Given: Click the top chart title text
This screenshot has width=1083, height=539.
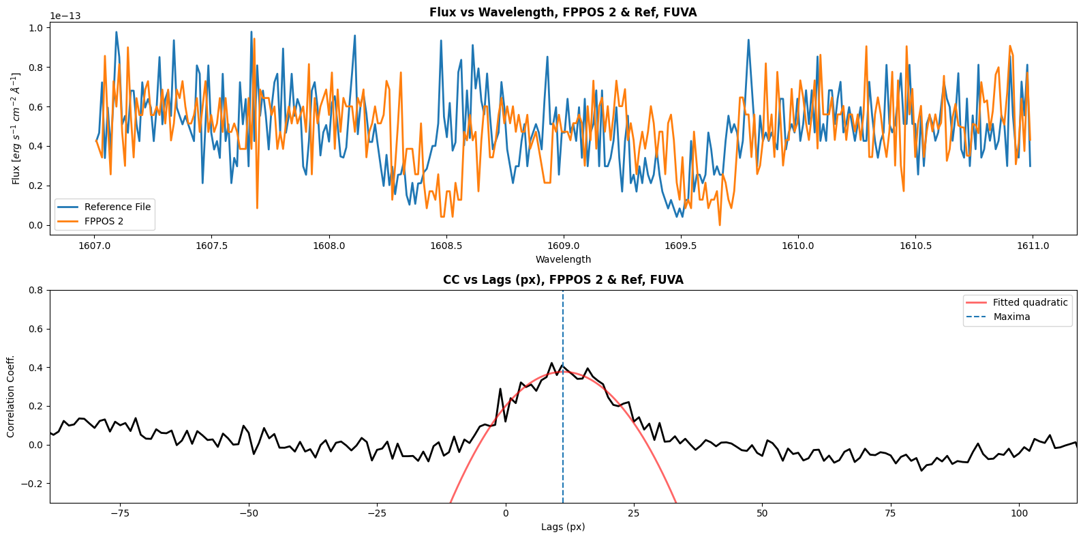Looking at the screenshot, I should [x=563, y=12].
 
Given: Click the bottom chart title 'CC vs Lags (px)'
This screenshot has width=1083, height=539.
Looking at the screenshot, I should [x=563, y=280].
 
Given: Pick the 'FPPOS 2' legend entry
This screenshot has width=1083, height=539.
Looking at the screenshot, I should [x=104, y=221].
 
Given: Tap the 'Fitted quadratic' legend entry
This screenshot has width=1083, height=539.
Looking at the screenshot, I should [x=1030, y=302].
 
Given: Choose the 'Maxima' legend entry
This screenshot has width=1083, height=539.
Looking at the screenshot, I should [x=1011, y=317].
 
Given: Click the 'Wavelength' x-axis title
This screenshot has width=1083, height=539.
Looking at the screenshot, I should [x=563, y=259].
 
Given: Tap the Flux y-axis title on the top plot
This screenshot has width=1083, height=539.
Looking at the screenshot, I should [x=16, y=128].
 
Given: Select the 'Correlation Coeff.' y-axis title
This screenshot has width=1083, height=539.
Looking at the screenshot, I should [x=11, y=396].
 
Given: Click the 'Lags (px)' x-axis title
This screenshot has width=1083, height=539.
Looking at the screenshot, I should [x=563, y=527].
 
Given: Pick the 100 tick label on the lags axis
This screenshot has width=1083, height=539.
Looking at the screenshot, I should [x=1019, y=513].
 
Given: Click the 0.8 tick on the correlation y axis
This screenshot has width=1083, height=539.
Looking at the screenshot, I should [x=36, y=290].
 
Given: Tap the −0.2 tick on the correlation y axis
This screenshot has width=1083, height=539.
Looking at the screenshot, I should [x=33, y=484].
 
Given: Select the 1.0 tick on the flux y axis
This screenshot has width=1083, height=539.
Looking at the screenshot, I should [x=36, y=28].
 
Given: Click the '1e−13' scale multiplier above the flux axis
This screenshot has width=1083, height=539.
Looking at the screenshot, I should [x=65, y=16].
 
